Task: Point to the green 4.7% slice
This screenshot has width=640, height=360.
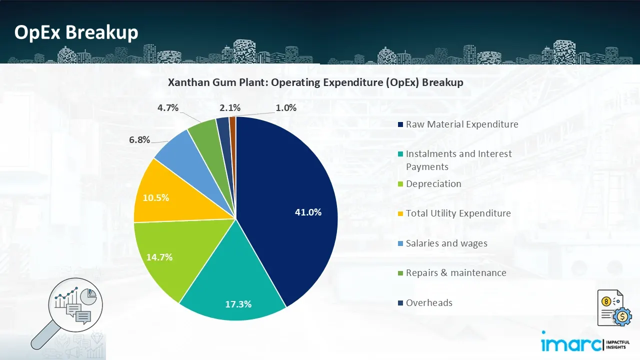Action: pyautogui.click(x=203, y=131)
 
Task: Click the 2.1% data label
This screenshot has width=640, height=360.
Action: pyautogui.click(x=229, y=107)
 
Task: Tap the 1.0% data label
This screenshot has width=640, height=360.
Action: pyautogui.click(x=286, y=107)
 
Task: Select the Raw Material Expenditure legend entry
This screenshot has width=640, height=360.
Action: pyautogui.click(x=461, y=124)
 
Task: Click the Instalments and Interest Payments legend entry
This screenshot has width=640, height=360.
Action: pyautogui.click(x=458, y=160)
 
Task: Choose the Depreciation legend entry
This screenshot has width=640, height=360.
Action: pyautogui.click(x=433, y=184)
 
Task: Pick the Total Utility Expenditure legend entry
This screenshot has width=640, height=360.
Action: pyautogui.click(x=458, y=213)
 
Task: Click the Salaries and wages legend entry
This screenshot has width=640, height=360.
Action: pyautogui.click(x=446, y=243)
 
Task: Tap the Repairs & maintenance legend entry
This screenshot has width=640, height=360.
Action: pyautogui.click(x=455, y=273)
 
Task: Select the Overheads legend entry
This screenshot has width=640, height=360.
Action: pyautogui.click(x=428, y=302)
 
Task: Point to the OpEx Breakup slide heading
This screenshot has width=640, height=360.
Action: pyautogui.click(x=76, y=32)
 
